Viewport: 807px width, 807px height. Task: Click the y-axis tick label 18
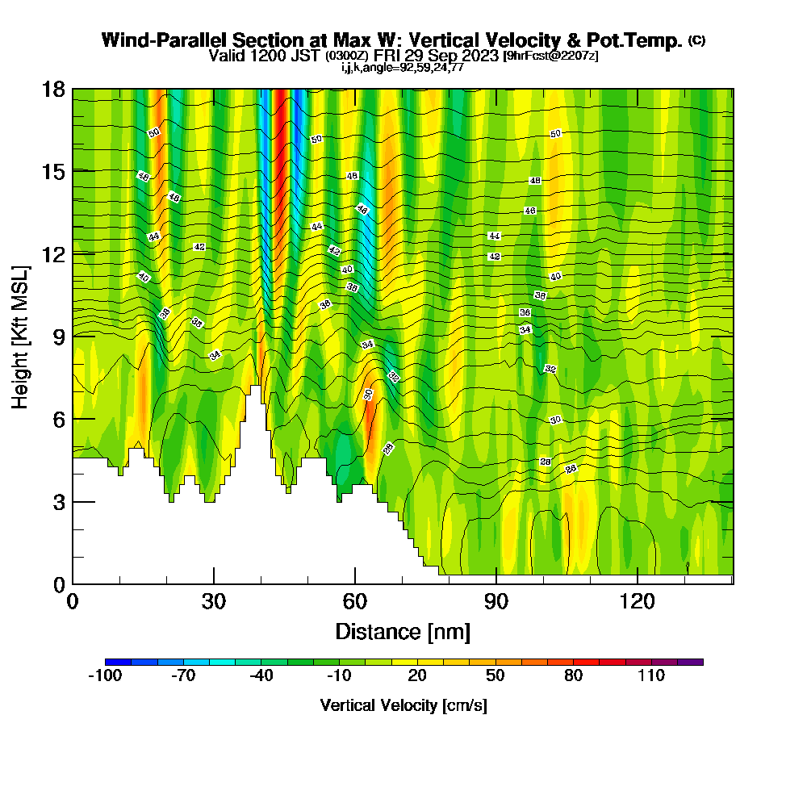(x=53, y=89)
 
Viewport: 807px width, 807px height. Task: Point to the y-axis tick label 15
(x=53, y=171)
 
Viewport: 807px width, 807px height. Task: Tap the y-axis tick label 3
(x=58, y=502)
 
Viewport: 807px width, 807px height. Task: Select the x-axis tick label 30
(x=214, y=601)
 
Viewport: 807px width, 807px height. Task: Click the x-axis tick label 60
(x=355, y=601)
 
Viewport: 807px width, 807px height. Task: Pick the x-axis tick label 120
(x=638, y=601)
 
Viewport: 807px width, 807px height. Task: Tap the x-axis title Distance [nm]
(x=403, y=631)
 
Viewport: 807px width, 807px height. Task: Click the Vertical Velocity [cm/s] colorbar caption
(x=403, y=705)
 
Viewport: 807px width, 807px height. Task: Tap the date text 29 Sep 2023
(x=453, y=56)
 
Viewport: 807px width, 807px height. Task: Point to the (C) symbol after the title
(x=696, y=40)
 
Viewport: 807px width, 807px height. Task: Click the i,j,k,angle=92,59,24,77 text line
(x=402, y=67)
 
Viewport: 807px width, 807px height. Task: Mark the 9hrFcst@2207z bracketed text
(x=550, y=56)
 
